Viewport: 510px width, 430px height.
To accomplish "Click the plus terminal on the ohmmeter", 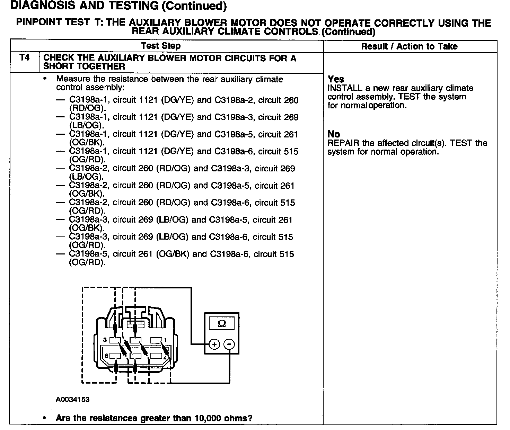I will (214, 344).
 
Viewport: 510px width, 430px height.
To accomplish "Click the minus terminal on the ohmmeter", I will (229, 344).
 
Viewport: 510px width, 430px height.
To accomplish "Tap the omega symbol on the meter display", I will (222, 324).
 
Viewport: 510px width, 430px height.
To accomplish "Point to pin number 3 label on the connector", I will (105, 340).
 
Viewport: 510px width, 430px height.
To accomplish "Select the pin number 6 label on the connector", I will (107, 356).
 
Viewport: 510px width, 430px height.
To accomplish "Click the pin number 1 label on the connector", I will (165, 340).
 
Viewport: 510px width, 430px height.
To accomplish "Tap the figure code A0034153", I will (73, 400).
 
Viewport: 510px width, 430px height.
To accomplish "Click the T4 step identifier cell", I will (25, 58).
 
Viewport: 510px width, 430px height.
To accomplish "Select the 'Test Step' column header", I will (161, 46).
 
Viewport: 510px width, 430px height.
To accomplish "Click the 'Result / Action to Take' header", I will (409, 46).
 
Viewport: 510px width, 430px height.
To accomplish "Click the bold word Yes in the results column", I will (336, 79).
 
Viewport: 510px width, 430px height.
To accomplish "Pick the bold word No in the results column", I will (334, 134).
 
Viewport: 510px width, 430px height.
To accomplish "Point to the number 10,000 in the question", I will (208, 418).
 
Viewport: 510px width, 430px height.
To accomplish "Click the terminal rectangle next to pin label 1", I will (156, 340).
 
